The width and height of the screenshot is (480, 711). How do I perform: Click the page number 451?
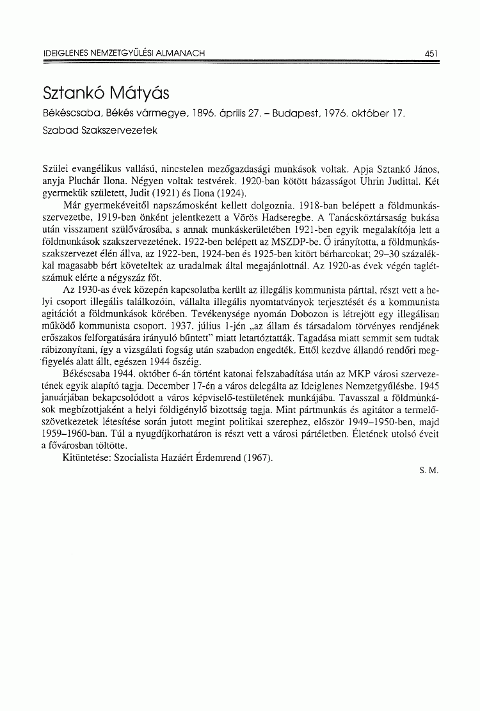430,54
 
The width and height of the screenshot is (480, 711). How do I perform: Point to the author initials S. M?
428,470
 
